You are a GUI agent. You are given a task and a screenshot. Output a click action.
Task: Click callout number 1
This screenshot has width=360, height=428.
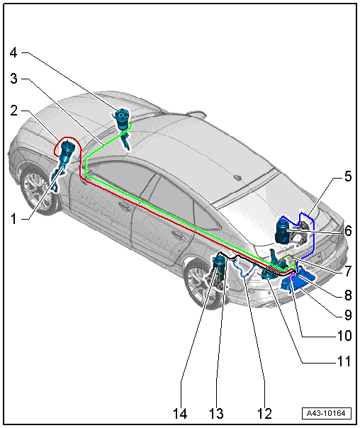coord(13,219)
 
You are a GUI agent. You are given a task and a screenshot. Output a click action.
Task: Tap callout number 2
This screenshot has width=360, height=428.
coord(14,111)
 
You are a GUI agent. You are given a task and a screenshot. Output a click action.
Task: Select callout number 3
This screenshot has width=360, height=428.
coord(14,79)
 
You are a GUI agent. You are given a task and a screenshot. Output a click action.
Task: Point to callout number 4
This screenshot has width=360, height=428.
coord(13,52)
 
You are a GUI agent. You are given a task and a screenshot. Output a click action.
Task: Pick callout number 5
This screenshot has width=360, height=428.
coord(348,176)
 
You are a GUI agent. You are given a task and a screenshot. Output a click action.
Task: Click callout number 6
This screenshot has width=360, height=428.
coord(348,231)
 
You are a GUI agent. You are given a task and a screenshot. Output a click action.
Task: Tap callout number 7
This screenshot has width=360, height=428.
coord(348,271)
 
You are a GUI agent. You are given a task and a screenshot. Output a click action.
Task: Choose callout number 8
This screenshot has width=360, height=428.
coord(348,295)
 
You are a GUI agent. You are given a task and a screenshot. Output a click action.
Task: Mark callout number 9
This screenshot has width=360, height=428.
coord(348,315)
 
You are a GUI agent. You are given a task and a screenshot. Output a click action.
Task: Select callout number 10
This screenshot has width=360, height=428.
coord(344,335)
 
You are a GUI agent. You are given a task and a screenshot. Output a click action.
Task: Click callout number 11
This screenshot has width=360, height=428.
coord(344,361)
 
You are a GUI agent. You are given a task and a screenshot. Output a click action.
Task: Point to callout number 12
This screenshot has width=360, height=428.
coord(265,414)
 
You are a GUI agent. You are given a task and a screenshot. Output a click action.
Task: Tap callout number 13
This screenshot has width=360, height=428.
coord(216,414)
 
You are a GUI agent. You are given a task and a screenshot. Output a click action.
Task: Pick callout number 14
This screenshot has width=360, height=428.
coord(180,414)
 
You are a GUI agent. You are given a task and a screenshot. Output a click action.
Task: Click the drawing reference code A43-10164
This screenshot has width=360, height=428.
coord(327,413)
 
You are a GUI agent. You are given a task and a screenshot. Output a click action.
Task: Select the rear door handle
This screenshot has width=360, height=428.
coord(178,235)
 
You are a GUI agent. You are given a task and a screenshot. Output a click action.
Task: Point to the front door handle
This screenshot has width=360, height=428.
coord(124,206)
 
